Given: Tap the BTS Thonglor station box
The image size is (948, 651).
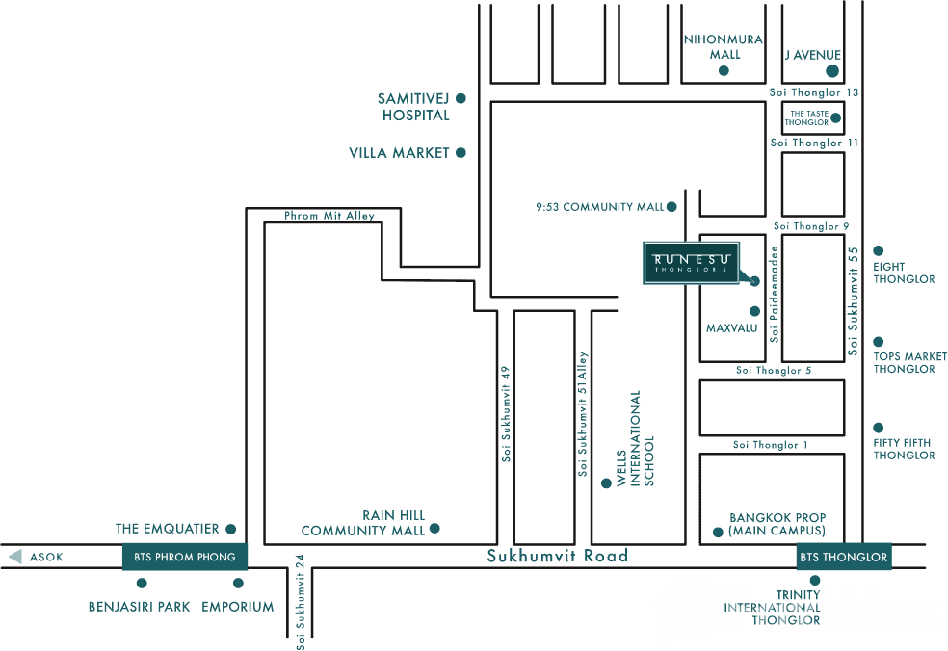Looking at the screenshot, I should [x=843, y=557].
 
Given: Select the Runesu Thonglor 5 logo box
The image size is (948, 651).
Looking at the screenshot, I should [x=692, y=262].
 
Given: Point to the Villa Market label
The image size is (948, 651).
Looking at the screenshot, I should [x=399, y=152].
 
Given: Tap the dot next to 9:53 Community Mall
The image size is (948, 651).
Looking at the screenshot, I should [x=671, y=207].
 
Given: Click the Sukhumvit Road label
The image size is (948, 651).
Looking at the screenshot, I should [x=557, y=556].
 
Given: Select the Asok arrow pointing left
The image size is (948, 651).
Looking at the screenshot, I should [x=14, y=557].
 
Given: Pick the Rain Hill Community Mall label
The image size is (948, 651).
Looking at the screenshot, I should [x=363, y=523].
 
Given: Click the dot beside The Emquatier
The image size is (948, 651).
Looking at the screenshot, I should [x=230, y=529].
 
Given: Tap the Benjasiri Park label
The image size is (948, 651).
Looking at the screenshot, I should [x=139, y=607].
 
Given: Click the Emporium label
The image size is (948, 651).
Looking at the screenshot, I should [x=238, y=607].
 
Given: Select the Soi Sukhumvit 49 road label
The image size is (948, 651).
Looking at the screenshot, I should [x=506, y=413].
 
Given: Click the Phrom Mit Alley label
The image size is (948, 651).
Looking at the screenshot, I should [x=329, y=216].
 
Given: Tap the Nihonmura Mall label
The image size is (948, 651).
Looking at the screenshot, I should [x=724, y=46].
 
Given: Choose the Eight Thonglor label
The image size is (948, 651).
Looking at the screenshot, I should [x=904, y=273].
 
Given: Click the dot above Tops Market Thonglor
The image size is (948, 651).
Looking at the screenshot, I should [x=878, y=341].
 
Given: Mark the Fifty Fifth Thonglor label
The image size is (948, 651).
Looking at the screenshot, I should [x=904, y=449].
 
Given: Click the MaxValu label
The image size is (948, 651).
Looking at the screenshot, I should [x=732, y=328].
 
